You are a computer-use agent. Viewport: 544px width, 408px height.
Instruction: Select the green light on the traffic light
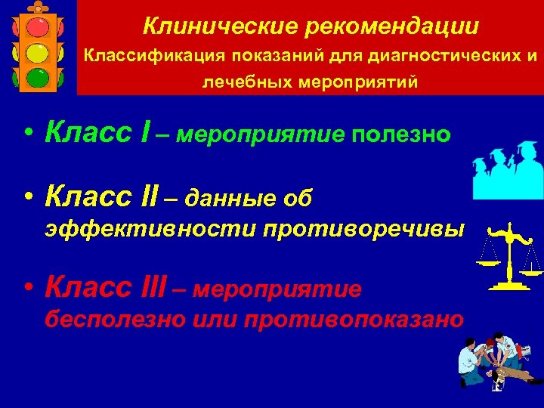click(x=39, y=79)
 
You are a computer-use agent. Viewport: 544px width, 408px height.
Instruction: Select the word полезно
click(x=400, y=134)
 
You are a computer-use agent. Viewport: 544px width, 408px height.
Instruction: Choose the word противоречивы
click(x=364, y=229)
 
